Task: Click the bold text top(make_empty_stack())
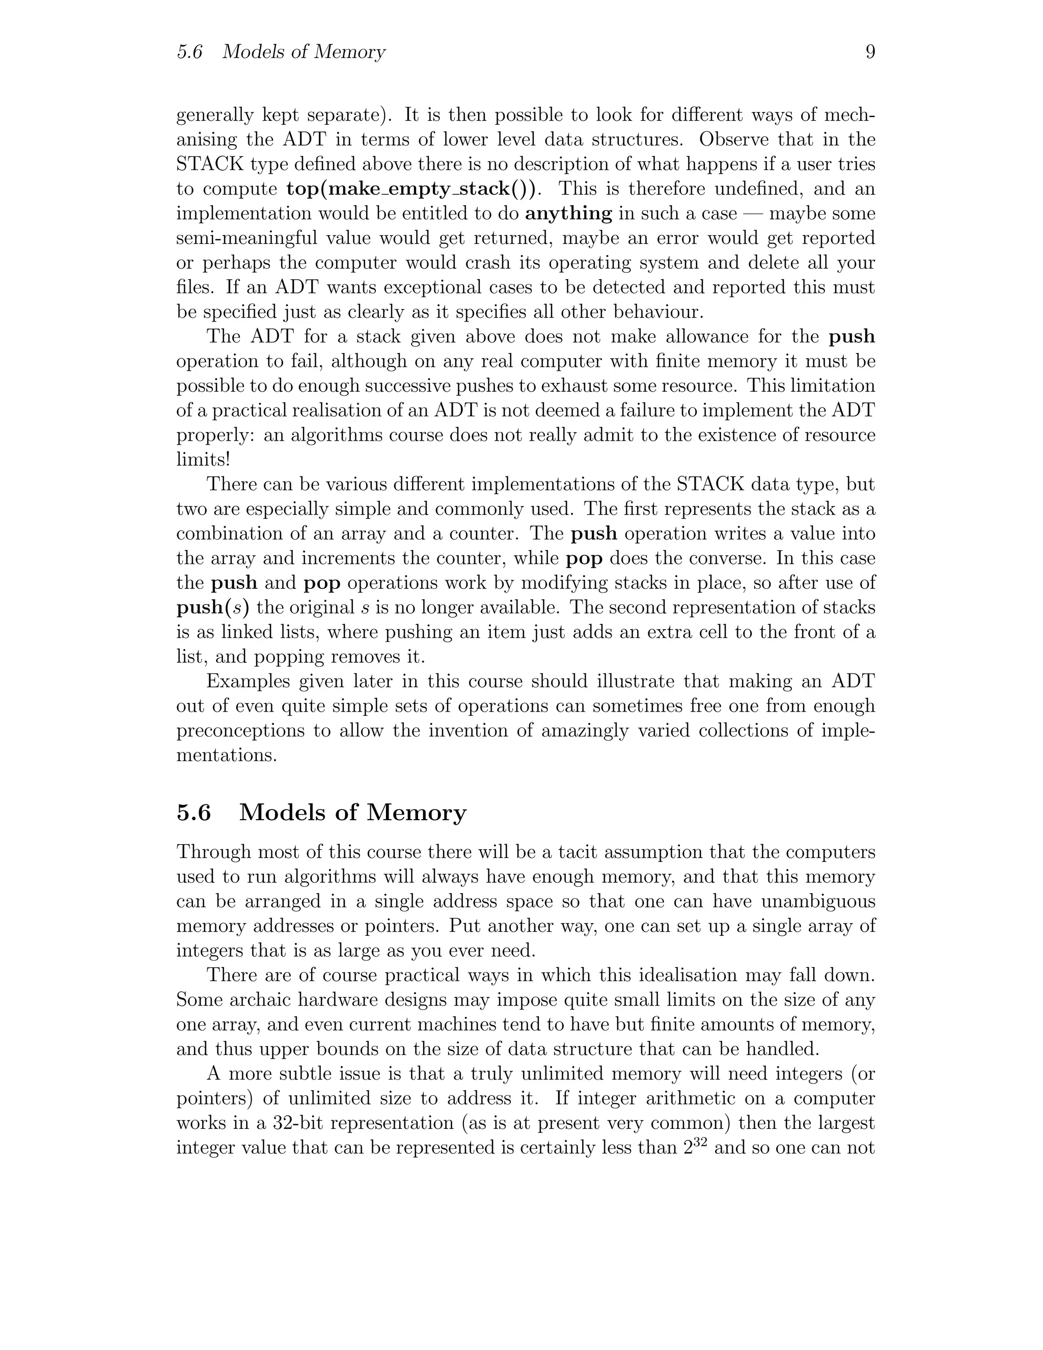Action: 412,188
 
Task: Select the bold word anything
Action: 568,214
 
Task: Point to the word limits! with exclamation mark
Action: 203,460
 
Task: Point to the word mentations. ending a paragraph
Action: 227,755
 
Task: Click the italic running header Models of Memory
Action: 304,52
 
